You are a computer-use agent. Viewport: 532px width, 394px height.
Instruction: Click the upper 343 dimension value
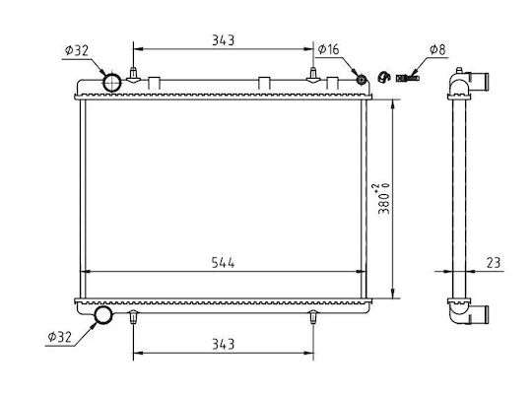pos(223,40)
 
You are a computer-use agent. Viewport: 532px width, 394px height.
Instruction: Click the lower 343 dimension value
pos(223,344)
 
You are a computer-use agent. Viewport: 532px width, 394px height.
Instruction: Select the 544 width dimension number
pos(223,263)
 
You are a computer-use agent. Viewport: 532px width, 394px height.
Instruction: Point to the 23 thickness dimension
pos(494,263)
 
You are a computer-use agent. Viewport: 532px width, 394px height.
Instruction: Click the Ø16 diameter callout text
pos(328,49)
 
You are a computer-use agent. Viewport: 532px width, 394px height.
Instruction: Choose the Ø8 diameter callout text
pos(437,49)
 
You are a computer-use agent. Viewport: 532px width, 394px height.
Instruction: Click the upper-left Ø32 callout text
pos(77,50)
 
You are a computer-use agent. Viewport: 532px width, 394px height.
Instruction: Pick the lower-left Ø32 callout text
pos(60,337)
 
